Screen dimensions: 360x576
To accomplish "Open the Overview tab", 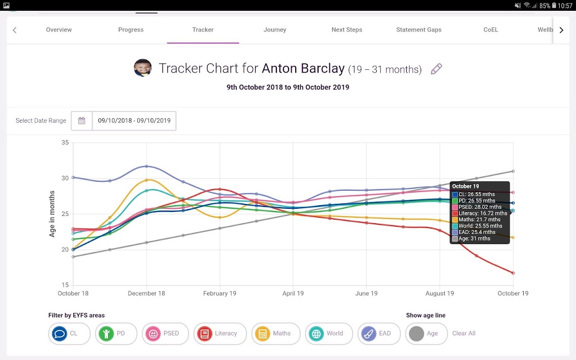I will (59, 30).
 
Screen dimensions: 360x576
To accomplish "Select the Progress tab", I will (131, 30).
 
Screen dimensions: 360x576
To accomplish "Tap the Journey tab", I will (275, 30).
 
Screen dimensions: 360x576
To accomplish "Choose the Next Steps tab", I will (347, 30).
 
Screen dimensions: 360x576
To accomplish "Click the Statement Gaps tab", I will (419, 30).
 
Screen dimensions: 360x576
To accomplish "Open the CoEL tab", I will (491, 30).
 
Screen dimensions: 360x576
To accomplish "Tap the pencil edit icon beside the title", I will (436, 69).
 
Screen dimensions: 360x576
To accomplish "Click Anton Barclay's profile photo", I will (143, 68).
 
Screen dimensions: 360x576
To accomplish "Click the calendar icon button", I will (81, 121).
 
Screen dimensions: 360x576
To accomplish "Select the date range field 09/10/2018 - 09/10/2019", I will (134, 121).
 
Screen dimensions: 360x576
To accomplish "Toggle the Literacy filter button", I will (220, 333).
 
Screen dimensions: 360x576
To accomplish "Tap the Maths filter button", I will (276, 333).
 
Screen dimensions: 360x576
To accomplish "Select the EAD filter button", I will (379, 333).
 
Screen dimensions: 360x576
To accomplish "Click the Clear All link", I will (464, 333).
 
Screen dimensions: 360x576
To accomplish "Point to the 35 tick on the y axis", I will (65, 143).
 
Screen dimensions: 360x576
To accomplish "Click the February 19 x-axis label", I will (220, 293).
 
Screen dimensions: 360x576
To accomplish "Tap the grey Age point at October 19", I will (513, 171).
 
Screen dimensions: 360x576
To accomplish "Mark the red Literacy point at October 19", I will (513, 273).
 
